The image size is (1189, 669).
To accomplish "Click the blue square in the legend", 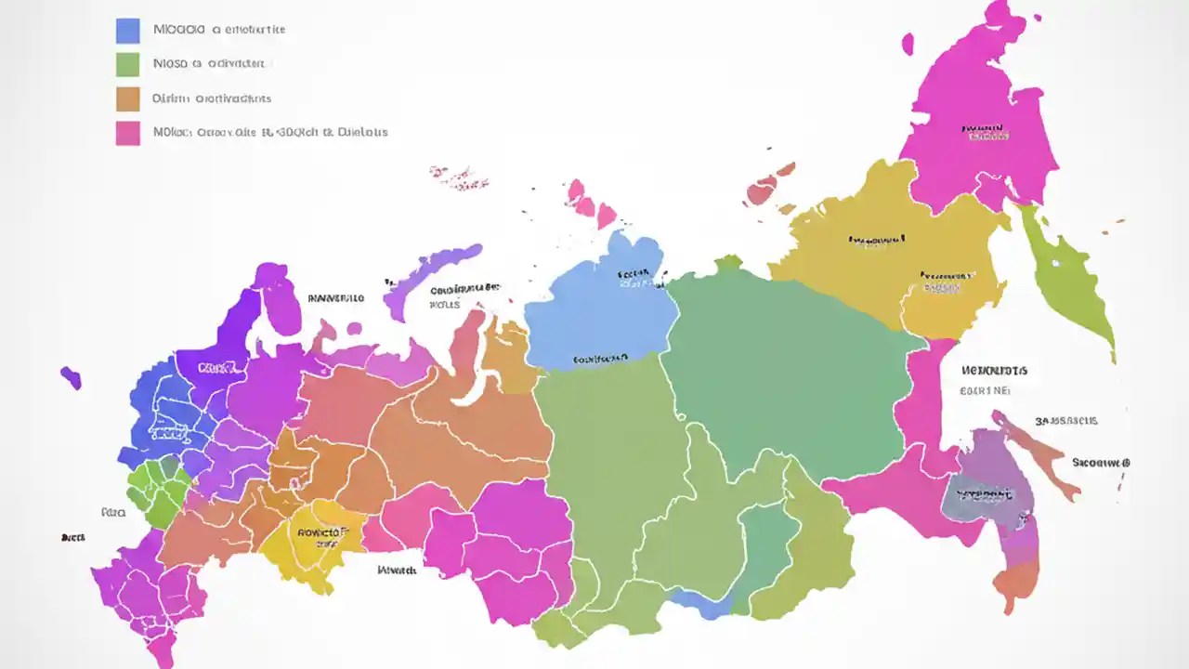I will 127,31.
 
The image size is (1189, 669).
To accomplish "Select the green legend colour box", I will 127,64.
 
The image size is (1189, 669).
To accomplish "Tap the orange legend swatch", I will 127,98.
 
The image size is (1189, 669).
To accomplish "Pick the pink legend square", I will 127,133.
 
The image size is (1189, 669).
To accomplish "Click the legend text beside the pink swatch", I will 269,133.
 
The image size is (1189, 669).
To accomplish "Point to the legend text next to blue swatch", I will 218,30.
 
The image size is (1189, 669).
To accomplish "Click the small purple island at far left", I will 71,377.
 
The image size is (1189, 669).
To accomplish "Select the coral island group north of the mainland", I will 766,186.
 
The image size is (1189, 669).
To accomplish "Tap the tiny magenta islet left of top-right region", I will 908,44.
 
